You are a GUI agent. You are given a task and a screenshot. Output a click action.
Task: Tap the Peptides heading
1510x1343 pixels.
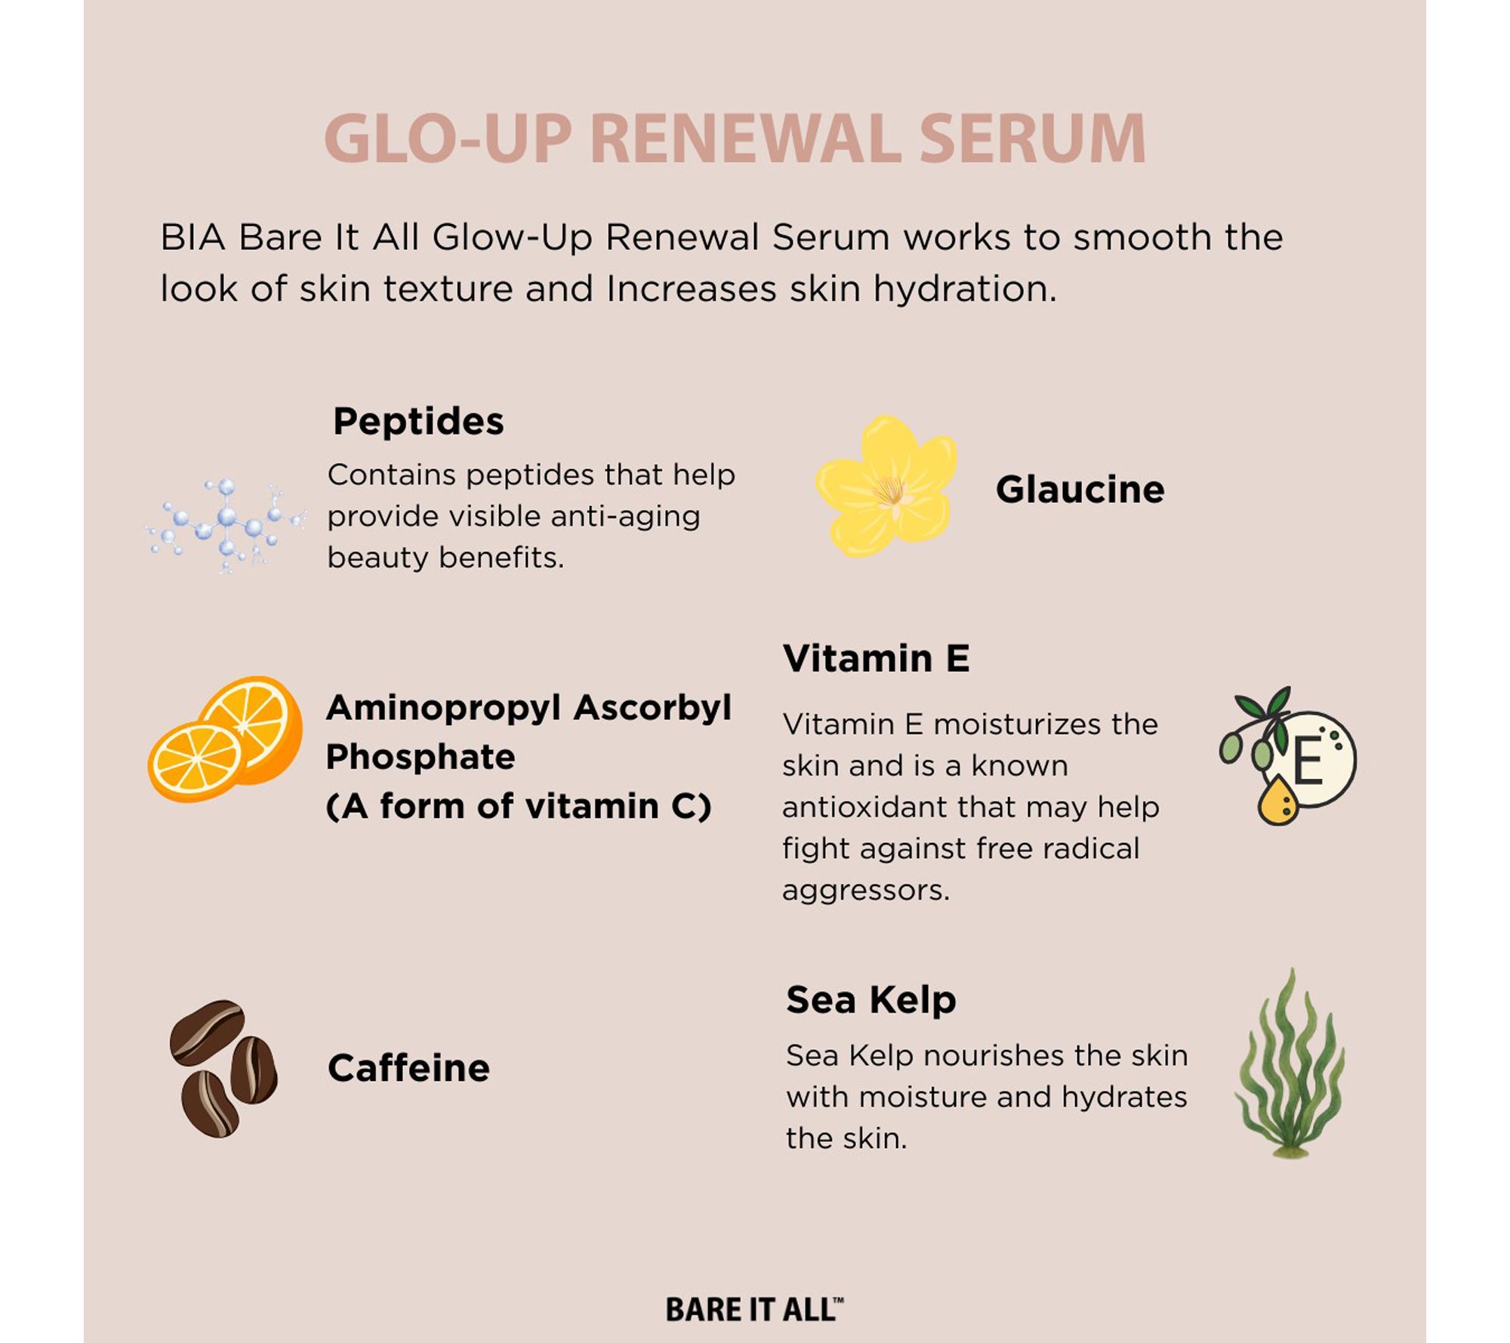click(418, 421)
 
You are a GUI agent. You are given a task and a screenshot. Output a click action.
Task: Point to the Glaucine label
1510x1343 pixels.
click(1080, 489)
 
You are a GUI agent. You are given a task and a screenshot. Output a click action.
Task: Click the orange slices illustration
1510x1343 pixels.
click(225, 739)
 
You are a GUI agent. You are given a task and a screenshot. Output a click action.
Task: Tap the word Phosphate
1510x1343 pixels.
click(421, 757)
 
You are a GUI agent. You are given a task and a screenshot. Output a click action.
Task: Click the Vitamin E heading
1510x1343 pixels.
click(876, 659)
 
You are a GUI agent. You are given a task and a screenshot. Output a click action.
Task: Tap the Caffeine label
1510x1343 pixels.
click(408, 1068)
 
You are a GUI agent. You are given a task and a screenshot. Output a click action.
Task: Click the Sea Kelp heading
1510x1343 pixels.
click(871, 999)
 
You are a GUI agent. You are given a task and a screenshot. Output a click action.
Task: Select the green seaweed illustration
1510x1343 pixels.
click(1290, 1064)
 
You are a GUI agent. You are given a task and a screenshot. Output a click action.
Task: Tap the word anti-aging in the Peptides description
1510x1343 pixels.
click(625, 517)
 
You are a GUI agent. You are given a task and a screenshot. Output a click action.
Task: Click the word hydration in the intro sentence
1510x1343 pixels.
click(965, 289)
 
